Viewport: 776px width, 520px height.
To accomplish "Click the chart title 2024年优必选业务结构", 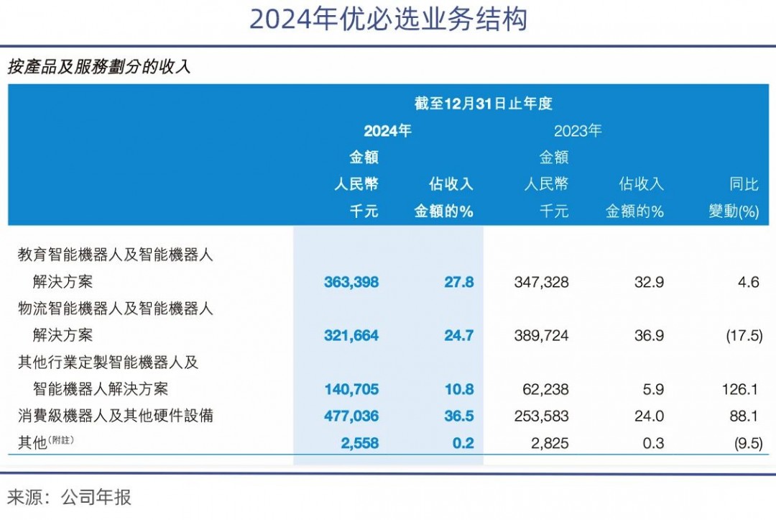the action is (388, 20).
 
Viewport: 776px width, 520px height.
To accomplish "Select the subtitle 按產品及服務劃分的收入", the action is (99, 66).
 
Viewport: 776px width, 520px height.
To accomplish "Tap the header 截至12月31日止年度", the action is (483, 104).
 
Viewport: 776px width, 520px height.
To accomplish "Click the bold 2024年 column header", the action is (387, 131).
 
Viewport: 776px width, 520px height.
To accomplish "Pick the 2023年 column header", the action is (578, 131).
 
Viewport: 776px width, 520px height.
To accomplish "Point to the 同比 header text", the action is (744, 184).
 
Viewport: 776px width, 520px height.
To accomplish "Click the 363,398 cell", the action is (351, 282).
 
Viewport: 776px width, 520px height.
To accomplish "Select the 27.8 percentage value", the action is (458, 282).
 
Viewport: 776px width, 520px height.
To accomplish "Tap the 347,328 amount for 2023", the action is (542, 282).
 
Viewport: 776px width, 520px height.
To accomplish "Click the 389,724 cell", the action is (542, 335).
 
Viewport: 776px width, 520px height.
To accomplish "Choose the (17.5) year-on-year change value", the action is (744, 335).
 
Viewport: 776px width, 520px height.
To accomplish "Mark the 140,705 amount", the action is (351, 389).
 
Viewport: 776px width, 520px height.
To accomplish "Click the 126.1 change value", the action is (740, 389).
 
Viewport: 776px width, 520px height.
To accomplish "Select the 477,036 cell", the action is (351, 416).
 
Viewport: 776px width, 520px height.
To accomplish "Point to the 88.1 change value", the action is (744, 416).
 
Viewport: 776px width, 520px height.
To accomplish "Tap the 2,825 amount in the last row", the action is (550, 443).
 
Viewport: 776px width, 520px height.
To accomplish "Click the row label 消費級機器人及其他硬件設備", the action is (116, 416).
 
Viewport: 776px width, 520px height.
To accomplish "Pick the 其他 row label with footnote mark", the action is (45, 442).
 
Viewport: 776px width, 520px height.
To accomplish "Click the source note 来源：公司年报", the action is (69, 497).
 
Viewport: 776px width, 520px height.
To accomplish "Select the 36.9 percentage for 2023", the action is (649, 335).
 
